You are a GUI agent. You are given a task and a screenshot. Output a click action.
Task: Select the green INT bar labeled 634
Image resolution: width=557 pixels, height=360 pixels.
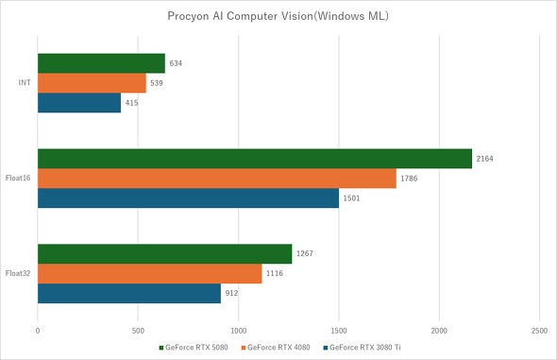pos(101,64)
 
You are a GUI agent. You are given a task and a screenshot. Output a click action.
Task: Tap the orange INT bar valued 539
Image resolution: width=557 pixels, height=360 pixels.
pos(92,83)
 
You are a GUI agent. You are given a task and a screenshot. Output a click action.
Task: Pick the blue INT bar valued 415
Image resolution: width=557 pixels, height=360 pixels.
pos(79,102)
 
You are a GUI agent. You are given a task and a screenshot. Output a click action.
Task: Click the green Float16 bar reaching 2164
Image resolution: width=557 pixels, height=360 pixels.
pos(254,159)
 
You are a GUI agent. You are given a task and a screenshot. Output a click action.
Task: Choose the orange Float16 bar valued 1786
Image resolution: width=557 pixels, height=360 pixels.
pos(216,179)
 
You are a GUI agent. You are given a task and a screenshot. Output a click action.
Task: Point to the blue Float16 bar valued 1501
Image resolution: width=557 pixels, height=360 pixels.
pos(188,197)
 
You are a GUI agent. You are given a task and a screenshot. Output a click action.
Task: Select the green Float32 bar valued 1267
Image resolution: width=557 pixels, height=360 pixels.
pos(164,254)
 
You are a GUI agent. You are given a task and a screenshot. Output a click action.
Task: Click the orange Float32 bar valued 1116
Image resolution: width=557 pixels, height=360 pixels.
pos(149,273)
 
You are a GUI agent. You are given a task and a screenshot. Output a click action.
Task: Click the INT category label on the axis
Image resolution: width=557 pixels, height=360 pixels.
pos(25,83)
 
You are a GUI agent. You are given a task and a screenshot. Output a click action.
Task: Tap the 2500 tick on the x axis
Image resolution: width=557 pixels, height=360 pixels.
pos(538,331)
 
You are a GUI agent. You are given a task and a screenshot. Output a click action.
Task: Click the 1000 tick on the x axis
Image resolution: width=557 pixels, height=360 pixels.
pos(238,331)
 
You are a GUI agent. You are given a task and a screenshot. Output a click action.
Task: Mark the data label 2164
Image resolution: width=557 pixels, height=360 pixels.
pos(486,159)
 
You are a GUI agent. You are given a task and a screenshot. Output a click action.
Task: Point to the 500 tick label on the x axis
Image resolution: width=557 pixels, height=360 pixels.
pos(138,331)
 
